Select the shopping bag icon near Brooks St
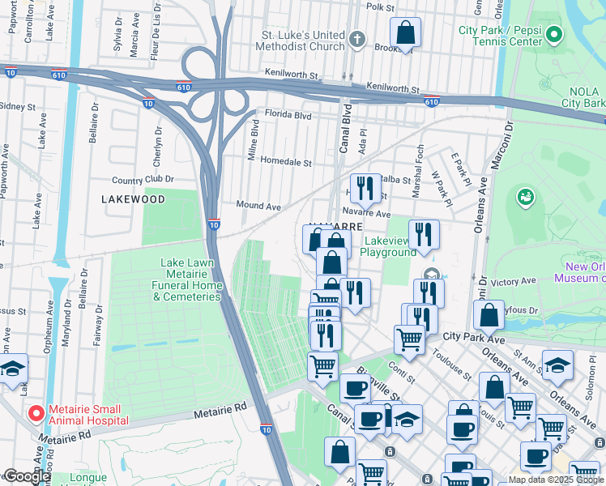pos(406,34)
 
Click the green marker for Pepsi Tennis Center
pos(554,35)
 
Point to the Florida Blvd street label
pos(284,116)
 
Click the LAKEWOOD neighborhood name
pos(133,198)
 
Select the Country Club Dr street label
pos(143,180)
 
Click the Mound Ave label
pos(258,207)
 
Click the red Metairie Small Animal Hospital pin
pos(36,414)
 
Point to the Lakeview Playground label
pos(390,246)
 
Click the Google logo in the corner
pos(27,476)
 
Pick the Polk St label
pos(380,6)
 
